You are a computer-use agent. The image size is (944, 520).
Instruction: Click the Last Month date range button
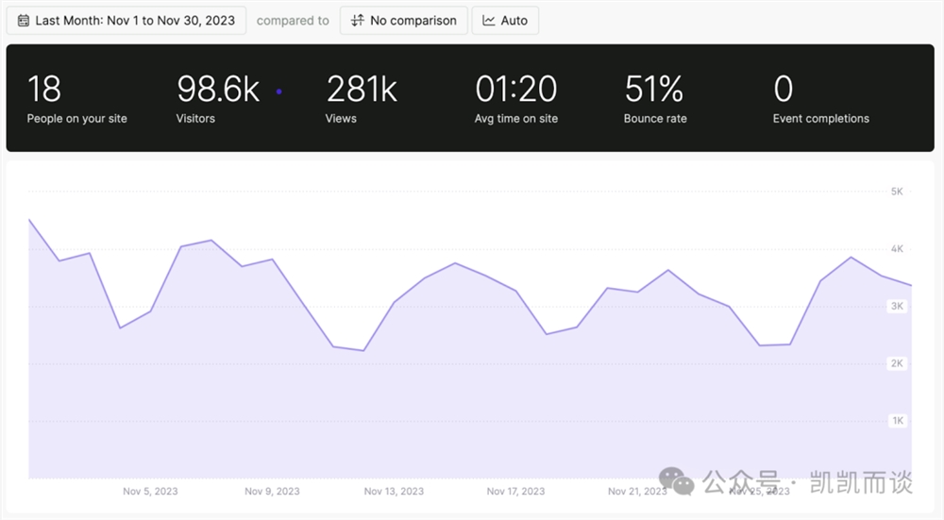pos(126,20)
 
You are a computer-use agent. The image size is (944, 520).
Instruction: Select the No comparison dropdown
pos(403,20)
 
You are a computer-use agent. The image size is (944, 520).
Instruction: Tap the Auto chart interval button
pos(505,20)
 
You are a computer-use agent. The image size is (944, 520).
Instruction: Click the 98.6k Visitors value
pos(218,90)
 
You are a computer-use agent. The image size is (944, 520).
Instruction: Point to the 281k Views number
pos(362,90)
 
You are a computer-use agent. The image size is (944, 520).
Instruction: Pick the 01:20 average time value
pos(515,90)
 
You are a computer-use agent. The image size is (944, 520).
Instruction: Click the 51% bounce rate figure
pos(653,90)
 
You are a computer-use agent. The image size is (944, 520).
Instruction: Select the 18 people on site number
pos(44,90)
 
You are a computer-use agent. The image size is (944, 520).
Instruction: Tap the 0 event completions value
pos(783,90)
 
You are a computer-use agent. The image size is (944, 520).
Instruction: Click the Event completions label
pos(820,119)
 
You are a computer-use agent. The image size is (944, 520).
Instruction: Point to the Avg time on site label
pos(515,119)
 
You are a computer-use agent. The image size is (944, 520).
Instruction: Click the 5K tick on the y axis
pos(897,192)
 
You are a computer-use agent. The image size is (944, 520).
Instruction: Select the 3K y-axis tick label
pos(897,306)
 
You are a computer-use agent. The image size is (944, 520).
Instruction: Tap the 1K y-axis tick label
pos(897,420)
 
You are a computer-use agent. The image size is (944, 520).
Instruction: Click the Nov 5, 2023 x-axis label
pos(150,491)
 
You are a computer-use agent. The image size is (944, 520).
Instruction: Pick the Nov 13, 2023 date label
pos(394,491)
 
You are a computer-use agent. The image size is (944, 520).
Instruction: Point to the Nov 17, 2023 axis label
pos(515,491)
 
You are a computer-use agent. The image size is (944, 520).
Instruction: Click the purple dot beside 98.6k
pos(278,92)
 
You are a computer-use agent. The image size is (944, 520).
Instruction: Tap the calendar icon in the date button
pos(24,20)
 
